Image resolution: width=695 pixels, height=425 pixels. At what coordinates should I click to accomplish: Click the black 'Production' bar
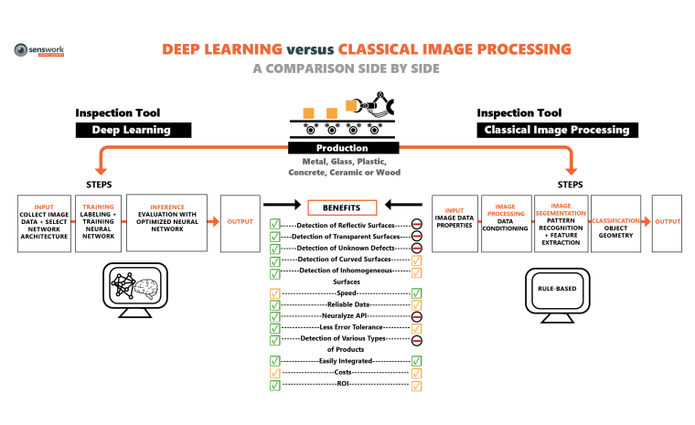343,148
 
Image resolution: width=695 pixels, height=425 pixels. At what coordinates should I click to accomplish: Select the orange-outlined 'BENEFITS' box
343,207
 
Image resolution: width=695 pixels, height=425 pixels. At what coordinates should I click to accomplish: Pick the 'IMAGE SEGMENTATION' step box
560,223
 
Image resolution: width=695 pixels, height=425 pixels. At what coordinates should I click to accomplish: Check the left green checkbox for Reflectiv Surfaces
273,224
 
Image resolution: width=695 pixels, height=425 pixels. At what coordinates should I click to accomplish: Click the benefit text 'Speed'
346,293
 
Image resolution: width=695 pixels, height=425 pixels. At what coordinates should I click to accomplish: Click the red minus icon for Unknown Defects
416,248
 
